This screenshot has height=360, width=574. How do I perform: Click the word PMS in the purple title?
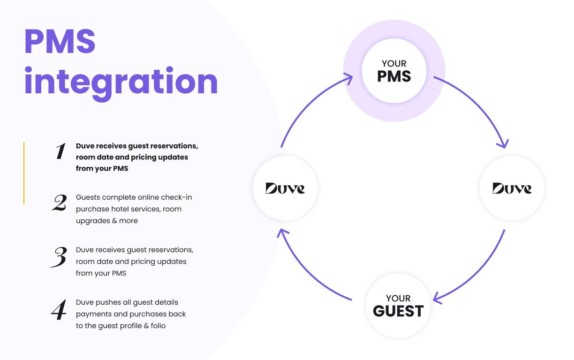pos(60,41)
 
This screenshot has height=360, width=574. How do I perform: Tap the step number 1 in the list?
pos(60,151)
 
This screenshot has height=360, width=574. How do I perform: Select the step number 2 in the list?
pos(59,202)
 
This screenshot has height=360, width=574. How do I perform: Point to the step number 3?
pos(59,257)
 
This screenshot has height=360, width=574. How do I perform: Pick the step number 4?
pos(59,310)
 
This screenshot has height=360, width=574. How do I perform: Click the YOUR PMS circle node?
pos(394,71)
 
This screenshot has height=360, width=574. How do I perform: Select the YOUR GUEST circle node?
pos(398,306)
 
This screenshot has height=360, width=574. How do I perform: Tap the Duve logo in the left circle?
pos(285,188)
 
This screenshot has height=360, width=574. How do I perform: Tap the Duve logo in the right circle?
pos(512,188)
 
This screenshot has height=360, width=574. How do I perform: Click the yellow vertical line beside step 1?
pos(24,172)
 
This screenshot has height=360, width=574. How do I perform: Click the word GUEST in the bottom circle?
pos(398,311)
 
